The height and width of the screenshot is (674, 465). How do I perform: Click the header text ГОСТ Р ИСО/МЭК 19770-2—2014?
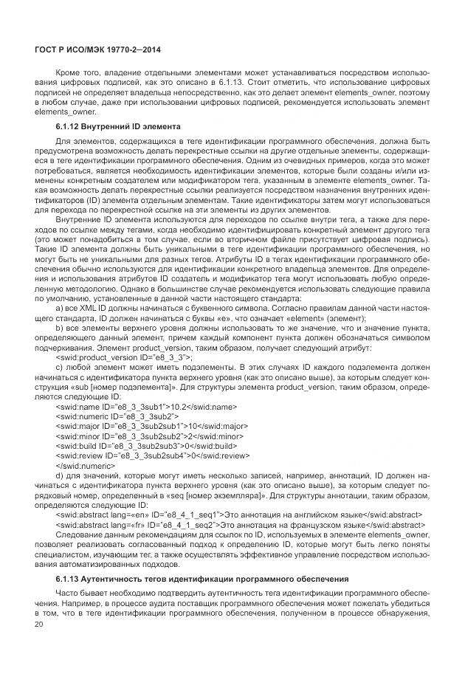[98, 49]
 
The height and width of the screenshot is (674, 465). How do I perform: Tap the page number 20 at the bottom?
[40, 625]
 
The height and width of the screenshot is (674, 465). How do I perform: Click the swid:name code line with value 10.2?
[145, 405]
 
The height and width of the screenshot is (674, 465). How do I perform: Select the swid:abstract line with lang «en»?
[238, 514]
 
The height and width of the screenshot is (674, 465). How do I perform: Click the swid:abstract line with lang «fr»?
[238, 525]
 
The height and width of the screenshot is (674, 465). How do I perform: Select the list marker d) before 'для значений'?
[59, 478]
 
